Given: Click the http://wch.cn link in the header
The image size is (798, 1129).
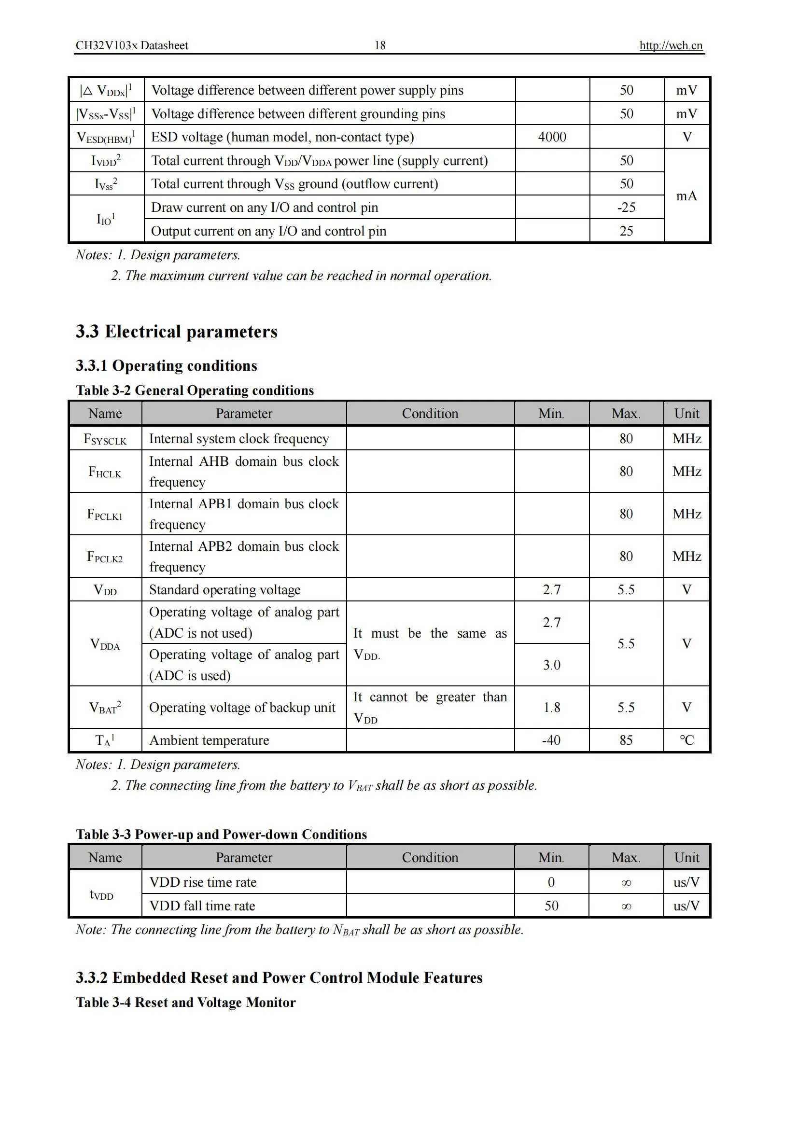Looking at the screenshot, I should click(670, 46).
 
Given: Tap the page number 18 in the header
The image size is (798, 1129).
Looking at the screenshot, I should click(379, 46).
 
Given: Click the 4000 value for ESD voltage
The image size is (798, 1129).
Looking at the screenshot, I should click(552, 137).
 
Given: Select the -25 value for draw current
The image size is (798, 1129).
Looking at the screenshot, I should click(626, 207).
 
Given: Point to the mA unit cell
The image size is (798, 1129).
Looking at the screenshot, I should click(686, 195).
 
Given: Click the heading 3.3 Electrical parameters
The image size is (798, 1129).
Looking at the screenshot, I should click(177, 332).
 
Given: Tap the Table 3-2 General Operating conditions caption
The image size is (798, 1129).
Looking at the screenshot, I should click(195, 390).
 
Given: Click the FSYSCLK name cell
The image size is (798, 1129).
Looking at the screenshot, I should click(105, 439).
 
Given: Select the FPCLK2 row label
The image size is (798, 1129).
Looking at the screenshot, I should click(105, 557).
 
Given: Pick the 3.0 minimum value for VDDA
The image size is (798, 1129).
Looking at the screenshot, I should click(551, 665).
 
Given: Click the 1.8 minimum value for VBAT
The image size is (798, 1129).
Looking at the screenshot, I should click(551, 707).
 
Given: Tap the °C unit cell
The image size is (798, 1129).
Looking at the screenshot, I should click(686, 740).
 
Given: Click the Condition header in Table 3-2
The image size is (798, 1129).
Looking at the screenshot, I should click(430, 414).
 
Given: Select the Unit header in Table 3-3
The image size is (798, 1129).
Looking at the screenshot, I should click(686, 858).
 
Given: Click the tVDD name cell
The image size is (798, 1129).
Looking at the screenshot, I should click(102, 894).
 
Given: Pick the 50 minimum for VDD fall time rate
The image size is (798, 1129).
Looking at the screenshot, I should click(551, 906).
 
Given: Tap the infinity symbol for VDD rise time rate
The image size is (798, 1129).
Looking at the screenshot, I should click(626, 883).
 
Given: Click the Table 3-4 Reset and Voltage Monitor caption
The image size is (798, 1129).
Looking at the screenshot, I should click(186, 1002).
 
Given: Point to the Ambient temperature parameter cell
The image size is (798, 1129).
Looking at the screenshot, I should click(210, 740).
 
